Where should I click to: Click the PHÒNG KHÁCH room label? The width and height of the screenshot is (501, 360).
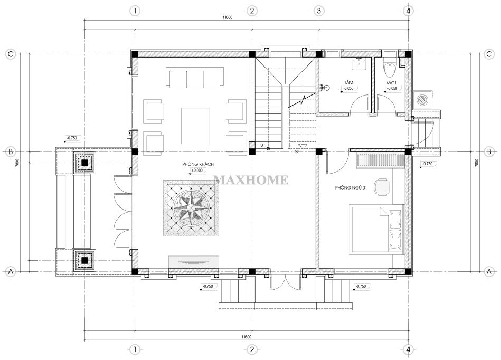tap(198, 164)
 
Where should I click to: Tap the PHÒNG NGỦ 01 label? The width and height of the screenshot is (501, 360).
tap(351, 188)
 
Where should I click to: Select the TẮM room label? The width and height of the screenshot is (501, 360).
tap(348, 83)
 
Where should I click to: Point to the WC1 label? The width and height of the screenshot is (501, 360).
tap(392, 83)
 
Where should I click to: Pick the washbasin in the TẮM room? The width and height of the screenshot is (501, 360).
tap(360, 63)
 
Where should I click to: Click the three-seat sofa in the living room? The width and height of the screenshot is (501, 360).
tap(195, 77)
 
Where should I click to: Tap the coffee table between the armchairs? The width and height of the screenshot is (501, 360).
tap(195, 126)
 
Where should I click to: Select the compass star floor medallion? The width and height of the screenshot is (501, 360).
tap(191, 209)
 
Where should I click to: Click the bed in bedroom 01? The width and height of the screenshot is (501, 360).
tap(376, 229)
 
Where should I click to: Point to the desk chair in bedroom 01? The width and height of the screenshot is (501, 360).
tap(382, 186)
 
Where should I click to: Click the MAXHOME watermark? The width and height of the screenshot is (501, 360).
tap(251, 180)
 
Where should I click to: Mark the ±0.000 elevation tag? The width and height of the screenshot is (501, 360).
tap(197, 170)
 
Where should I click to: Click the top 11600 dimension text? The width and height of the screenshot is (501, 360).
tap(228, 17)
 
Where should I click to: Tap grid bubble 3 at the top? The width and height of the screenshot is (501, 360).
tap(319, 11)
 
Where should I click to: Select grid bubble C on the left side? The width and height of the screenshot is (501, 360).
tap(11, 54)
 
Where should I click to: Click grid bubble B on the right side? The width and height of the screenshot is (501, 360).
tap(489, 151)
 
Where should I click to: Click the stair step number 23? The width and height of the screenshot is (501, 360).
tap(297, 151)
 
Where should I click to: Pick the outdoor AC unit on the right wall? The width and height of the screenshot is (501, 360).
tap(422, 99)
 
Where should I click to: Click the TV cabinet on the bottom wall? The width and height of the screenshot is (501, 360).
tap(194, 262)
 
